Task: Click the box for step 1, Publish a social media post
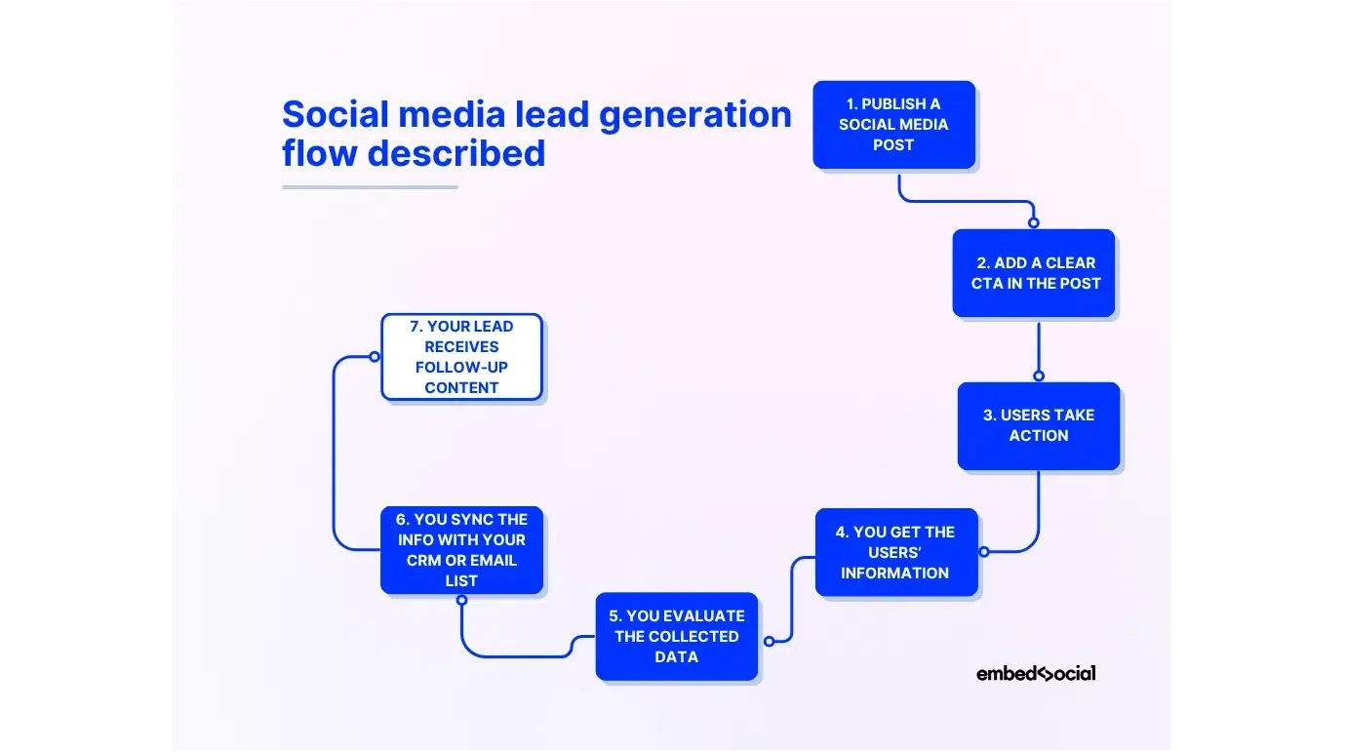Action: point(893,125)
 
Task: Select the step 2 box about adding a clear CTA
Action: point(1034,273)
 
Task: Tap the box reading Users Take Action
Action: point(1038,425)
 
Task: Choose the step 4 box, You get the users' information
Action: point(895,552)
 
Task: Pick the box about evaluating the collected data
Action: point(676,636)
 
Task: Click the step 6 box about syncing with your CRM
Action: point(461,550)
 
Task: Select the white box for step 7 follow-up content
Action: point(461,357)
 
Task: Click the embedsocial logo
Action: point(1035,673)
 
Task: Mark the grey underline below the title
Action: point(370,186)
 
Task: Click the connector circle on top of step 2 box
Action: point(1034,222)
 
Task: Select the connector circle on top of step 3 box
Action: point(1039,376)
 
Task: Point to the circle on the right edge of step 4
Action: point(983,552)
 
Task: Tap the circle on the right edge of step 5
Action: point(769,641)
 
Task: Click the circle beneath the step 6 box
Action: point(461,600)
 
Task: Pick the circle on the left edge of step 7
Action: point(375,357)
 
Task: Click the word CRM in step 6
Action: point(425,561)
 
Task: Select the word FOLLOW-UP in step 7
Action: point(461,368)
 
